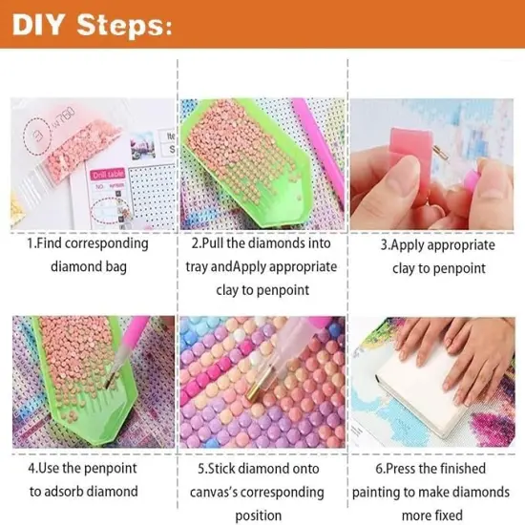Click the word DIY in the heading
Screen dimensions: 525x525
(44, 25)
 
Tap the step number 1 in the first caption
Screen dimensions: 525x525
(28, 243)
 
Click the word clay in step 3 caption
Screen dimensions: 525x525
(406, 269)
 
